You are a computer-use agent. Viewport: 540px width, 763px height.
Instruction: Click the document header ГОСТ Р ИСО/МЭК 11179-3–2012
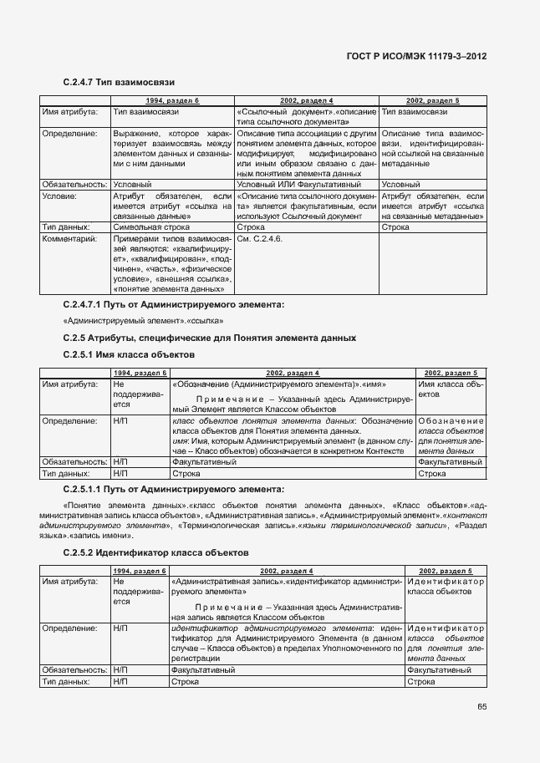(x=416, y=56)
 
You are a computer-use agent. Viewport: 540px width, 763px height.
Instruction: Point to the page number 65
(x=482, y=706)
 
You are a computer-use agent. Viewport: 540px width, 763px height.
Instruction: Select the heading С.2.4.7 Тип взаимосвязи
(x=118, y=83)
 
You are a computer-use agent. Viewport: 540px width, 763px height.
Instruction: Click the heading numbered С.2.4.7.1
(x=173, y=305)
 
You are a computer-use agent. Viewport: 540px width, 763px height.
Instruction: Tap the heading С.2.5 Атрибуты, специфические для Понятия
(x=210, y=338)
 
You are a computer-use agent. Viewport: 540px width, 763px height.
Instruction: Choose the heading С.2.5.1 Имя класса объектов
(x=129, y=354)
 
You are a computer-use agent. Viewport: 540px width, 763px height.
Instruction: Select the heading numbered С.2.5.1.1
(x=173, y=488)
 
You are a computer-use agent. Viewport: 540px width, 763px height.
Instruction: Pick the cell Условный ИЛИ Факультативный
(x=298, y=184)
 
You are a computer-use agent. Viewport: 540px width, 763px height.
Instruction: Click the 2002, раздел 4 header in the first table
(x=307, y=100)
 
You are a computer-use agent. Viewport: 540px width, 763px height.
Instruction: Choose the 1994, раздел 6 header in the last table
(x=139, y=570)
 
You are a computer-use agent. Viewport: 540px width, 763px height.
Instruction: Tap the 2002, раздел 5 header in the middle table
(x=451, y=373)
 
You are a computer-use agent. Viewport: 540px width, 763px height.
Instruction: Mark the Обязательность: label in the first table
(x=74, y=184)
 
